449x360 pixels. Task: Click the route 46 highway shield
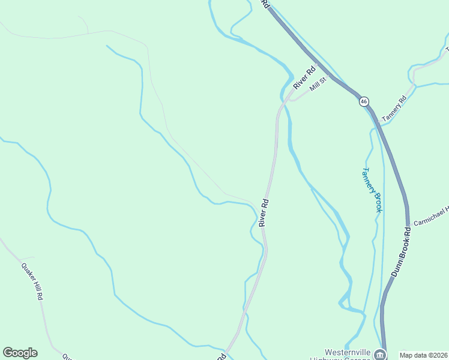(x=364, y=101)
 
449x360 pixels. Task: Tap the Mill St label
(x=318, y=85)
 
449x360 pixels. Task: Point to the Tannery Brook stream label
(x=371, y=190)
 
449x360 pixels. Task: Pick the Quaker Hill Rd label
(x=32, y=281)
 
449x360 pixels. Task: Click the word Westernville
(x=349, y=352)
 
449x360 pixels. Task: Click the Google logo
(x=20, y=353)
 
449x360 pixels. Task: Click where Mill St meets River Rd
(x=291, y=100)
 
